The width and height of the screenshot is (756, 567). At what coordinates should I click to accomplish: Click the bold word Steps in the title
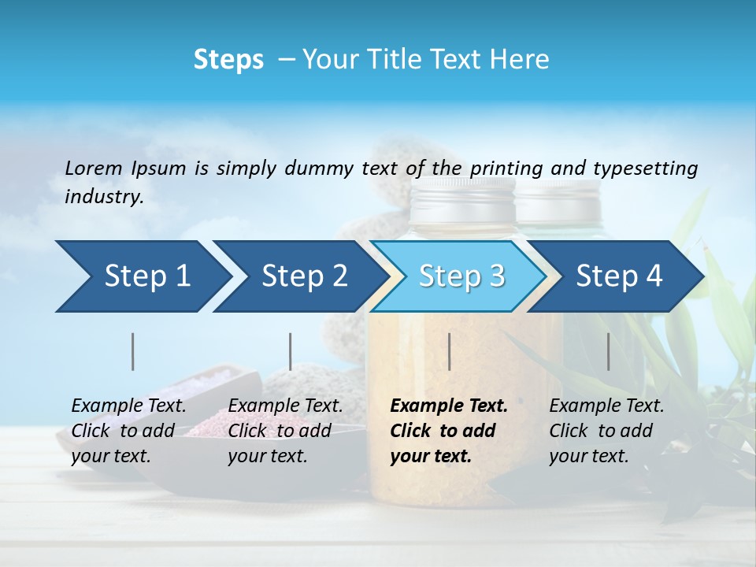point(228,59)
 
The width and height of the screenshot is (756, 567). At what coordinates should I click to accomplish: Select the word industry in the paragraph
point(104,197)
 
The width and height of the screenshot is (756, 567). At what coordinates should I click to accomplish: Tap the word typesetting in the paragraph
point(645,169)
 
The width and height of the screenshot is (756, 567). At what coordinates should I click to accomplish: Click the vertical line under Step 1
point(133,351)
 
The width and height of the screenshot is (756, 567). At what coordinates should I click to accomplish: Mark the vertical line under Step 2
point(291,351)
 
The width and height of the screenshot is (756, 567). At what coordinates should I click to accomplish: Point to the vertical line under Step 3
point(449,351)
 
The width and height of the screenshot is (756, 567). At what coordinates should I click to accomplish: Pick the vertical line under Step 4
point(608,351)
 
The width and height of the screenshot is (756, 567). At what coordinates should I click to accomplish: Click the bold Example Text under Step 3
point(449,406)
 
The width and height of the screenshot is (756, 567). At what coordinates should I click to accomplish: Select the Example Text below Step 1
point(129,406)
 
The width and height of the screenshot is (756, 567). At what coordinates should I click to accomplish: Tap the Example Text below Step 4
point(606,406)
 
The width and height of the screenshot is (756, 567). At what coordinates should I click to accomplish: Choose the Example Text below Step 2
point(285,406)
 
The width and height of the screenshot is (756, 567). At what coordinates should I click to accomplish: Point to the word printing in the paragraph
point(507,169)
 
